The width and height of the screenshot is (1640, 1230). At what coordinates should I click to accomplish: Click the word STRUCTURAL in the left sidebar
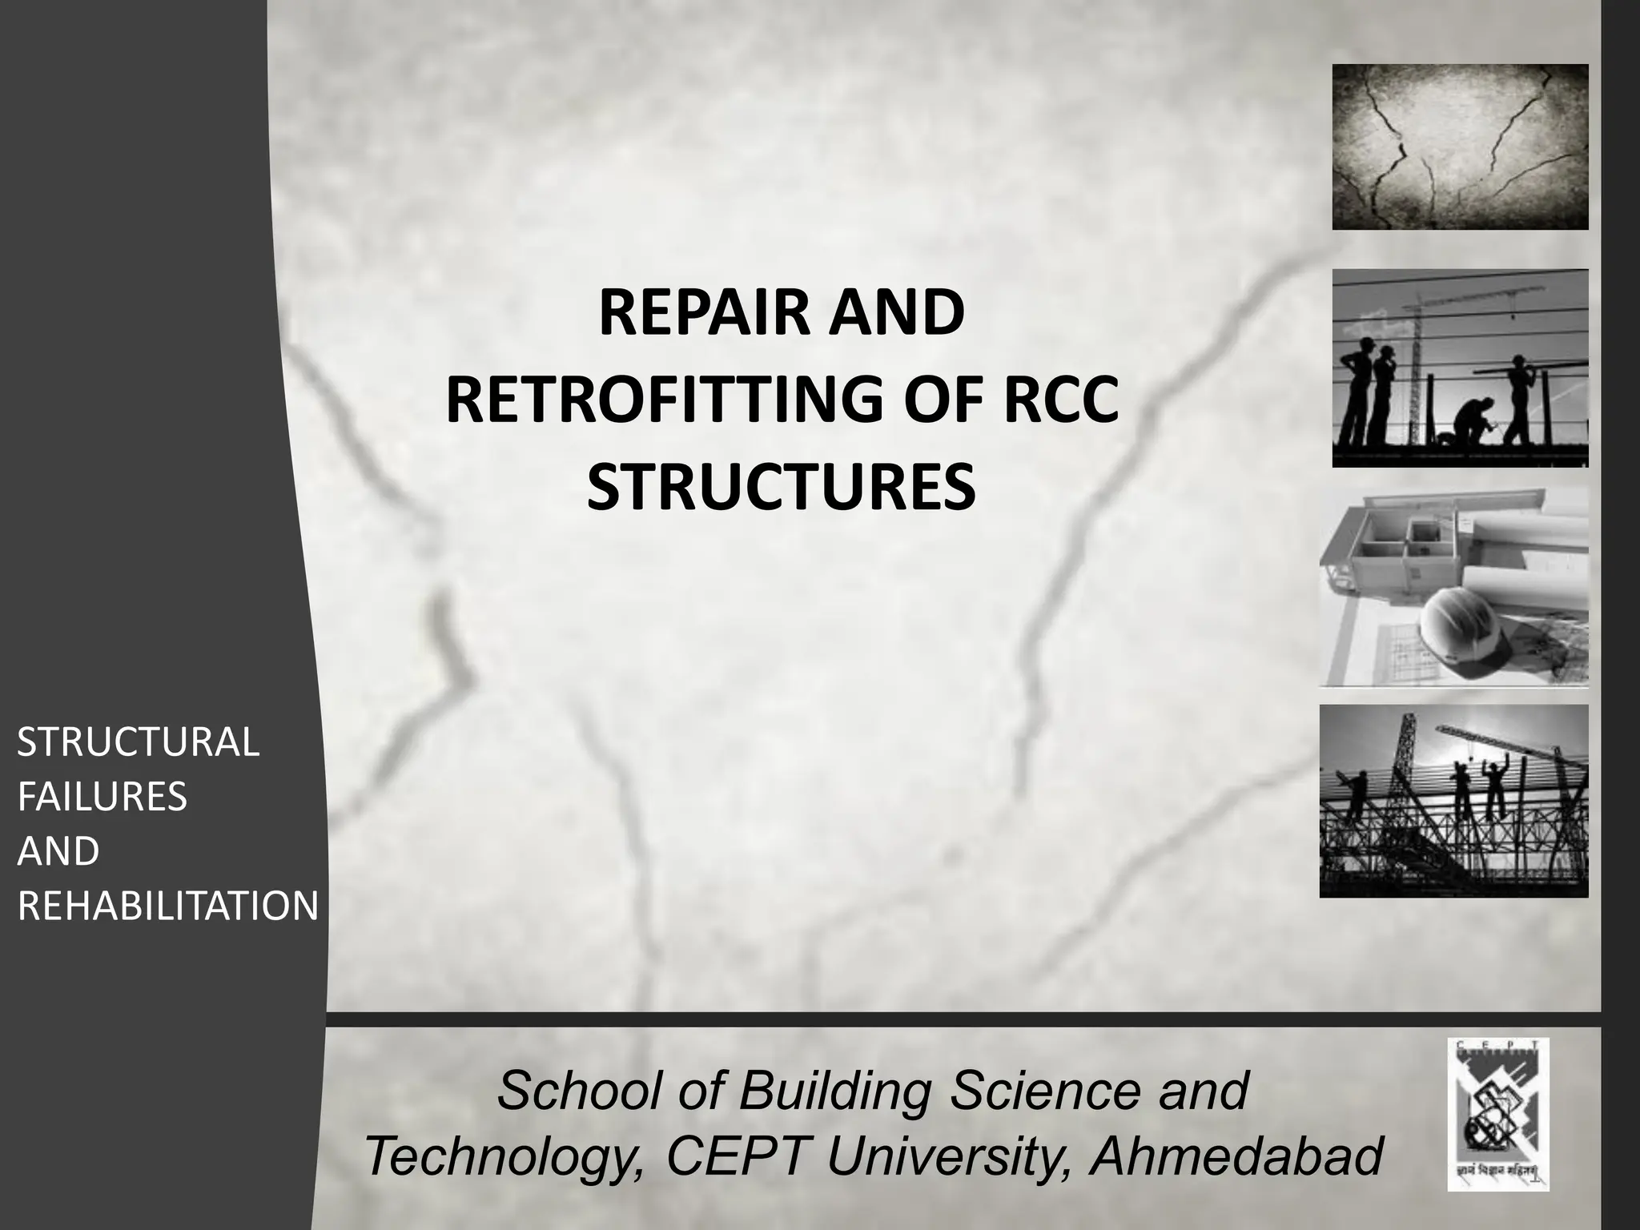tap(139, 742)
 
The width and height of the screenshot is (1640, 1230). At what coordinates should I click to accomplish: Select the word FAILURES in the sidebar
tap(102, 797)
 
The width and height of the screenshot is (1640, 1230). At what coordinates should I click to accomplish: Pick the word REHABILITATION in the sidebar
tap(168, 906)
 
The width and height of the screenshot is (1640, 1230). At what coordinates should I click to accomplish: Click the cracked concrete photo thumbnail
tap(1460, 147)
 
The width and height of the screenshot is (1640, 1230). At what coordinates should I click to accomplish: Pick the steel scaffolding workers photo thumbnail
tap(1453, 801)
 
